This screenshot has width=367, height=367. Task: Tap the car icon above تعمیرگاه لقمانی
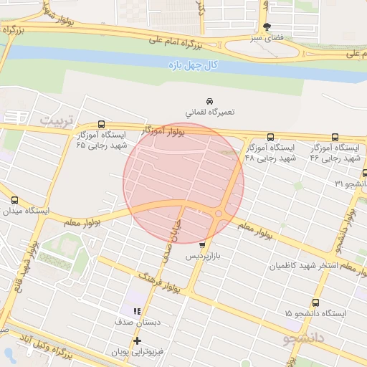(x=209, y=101)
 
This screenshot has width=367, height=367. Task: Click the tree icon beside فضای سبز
(x=267, y=27)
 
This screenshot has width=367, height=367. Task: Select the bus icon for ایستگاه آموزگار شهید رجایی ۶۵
(x=100, y=124)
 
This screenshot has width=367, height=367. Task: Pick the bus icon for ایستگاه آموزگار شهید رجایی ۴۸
(x=270, y=137)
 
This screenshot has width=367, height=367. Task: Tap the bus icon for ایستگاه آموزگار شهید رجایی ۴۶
(x=335, y=137)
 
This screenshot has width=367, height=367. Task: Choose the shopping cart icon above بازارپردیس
(x=201, y=244)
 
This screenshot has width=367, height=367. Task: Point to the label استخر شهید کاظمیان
(x=302, y=266)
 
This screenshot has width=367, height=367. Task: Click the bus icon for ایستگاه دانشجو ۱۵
(x=315, y=302)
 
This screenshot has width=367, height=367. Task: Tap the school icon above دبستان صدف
(x=136, y=311)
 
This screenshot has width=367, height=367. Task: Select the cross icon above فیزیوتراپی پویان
(x=136, y=340)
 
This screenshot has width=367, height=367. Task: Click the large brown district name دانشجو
(x=304, y=335)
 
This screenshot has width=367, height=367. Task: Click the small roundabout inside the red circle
(x=219, y=214)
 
